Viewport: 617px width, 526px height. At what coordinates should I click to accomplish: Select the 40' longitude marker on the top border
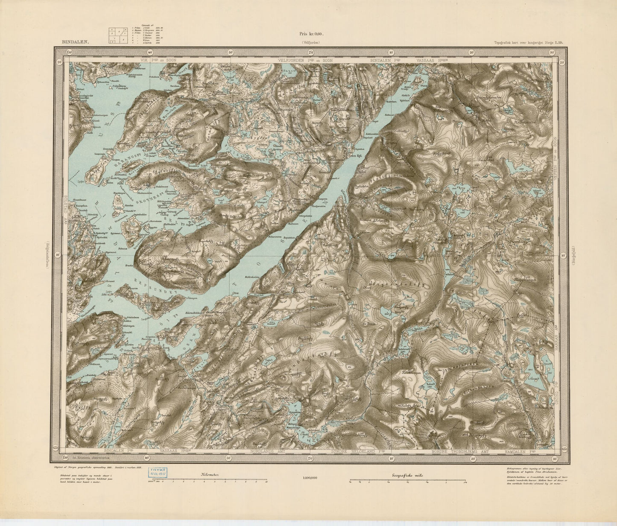tap(150, 52)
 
